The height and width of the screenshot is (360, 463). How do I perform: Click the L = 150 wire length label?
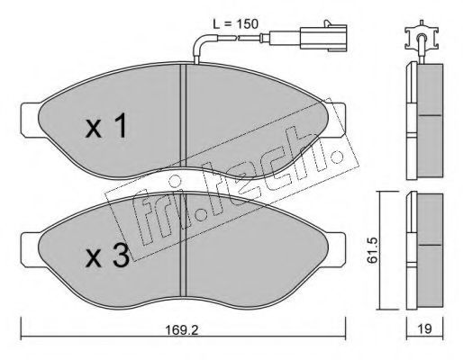click(x=236, y=24)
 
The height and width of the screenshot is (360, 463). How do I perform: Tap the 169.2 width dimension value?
click(x=182, y=330)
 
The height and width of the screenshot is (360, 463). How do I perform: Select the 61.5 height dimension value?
click(x=373, y=250)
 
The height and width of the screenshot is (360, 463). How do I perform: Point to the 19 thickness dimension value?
click(x=424, y=329)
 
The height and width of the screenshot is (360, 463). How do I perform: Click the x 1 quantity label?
click(x=106, y=125)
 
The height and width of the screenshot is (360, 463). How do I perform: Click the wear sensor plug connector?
click(x=323, y=36)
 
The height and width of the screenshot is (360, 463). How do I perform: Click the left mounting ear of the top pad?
click(x=31, y=120)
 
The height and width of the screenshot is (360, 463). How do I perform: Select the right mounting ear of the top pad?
click(x=336, y=120)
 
